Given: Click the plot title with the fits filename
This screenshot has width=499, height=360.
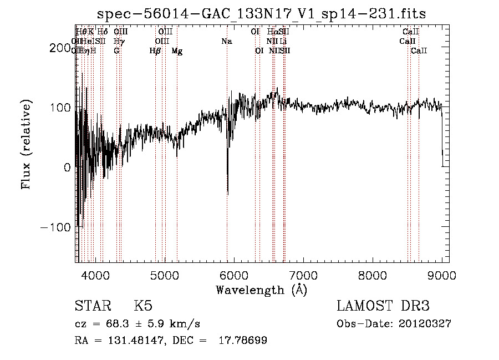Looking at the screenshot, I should coord(261,14).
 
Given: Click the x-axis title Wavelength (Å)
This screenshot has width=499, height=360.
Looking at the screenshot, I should coord(261,290).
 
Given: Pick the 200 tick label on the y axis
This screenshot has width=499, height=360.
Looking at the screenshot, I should coord(62,48).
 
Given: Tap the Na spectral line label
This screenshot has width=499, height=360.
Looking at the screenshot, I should coord(226,41).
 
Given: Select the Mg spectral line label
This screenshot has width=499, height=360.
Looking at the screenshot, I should coord(177,51).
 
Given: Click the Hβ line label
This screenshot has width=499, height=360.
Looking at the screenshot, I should coord(155,51).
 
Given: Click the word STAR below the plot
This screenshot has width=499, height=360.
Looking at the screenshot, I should coord(93,306).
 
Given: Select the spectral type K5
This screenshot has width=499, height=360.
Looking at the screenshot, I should coord(143,306).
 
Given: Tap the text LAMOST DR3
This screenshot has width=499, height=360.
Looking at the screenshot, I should coord(383,306).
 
